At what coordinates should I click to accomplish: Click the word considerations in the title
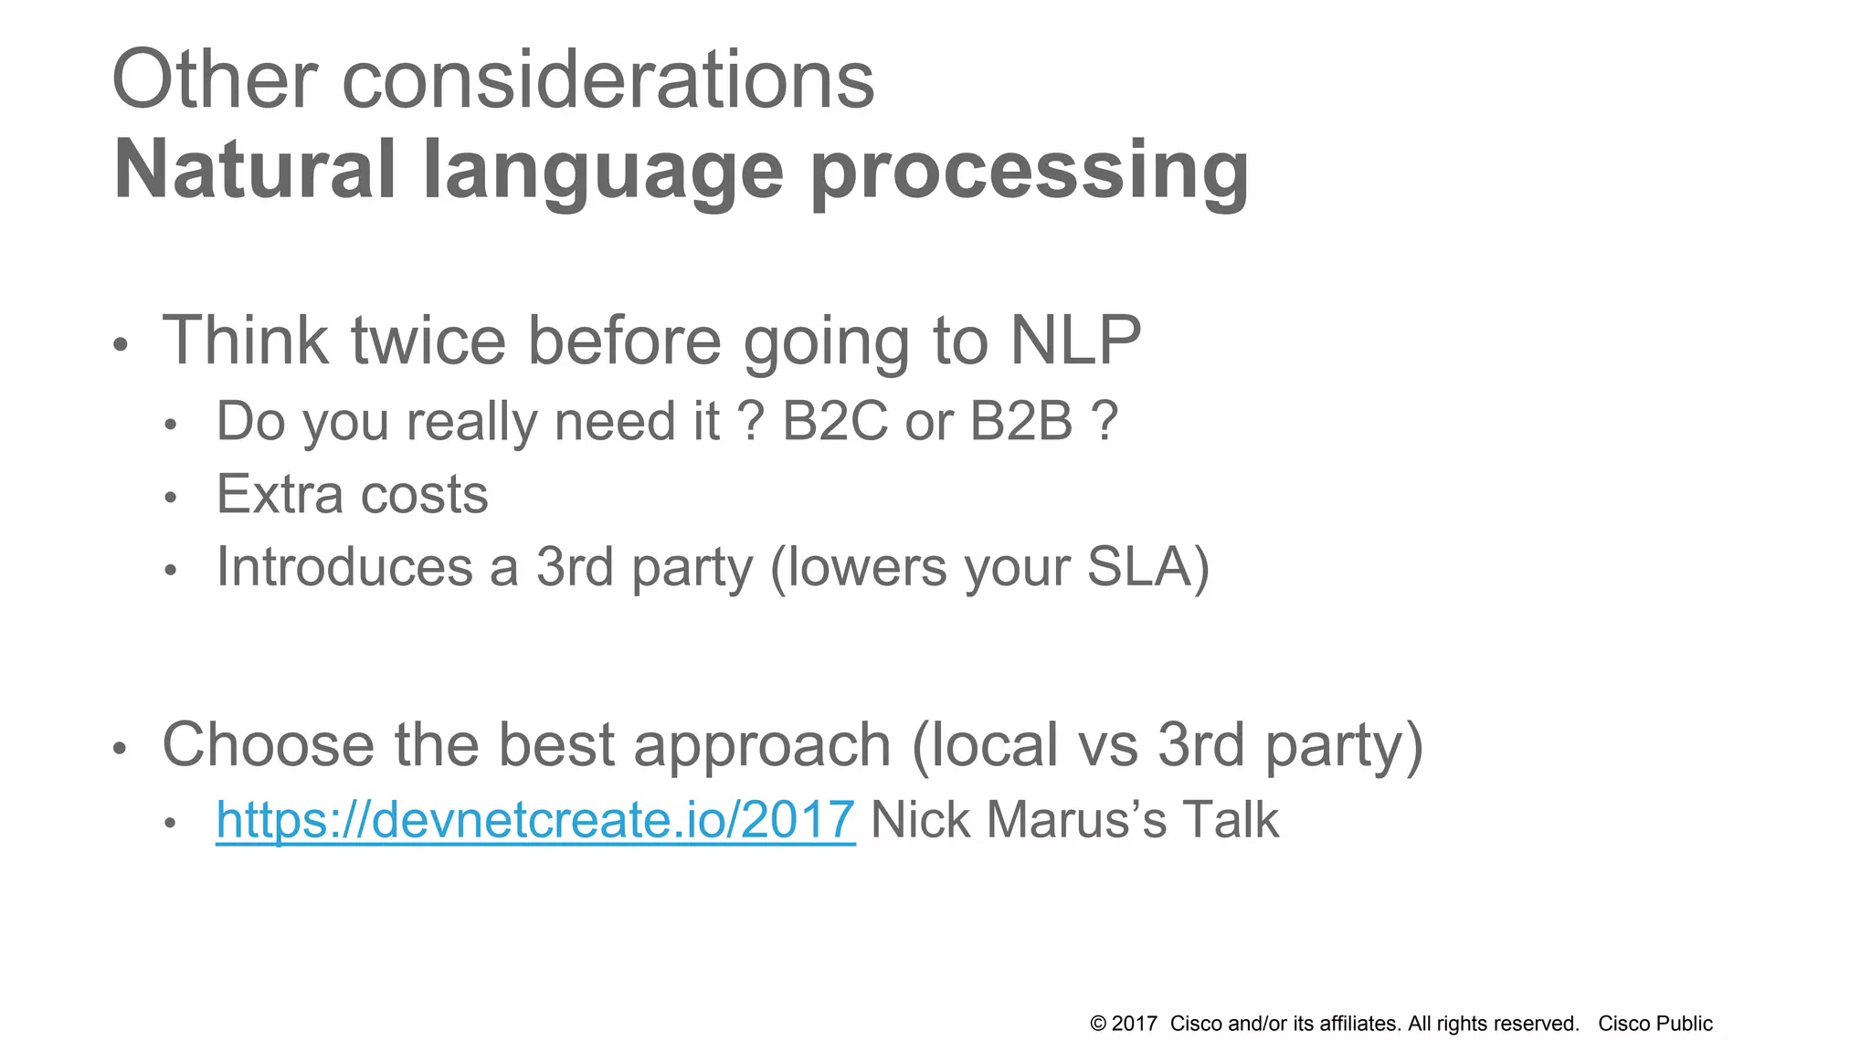click(x=608, y=80)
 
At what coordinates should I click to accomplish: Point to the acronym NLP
click(x=1075, y=341)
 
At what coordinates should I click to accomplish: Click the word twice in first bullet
click(x=428, y=341)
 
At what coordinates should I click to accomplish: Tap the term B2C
click(x=834, y=422)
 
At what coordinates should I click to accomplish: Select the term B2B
click(x=1020, y=422)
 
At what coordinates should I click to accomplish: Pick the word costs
click(x=425, y=495)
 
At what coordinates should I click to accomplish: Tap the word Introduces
click(x=344, y=567)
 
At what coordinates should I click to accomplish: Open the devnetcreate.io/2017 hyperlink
click(x=535, y=820)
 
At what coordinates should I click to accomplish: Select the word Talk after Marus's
click(x=1230, y=820)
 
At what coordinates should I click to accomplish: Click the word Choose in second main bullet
click(x=268, y=745)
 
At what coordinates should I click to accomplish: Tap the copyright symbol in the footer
click(x=1098, y=1025)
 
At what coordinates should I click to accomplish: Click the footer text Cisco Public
click(x=1654, y=1025)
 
